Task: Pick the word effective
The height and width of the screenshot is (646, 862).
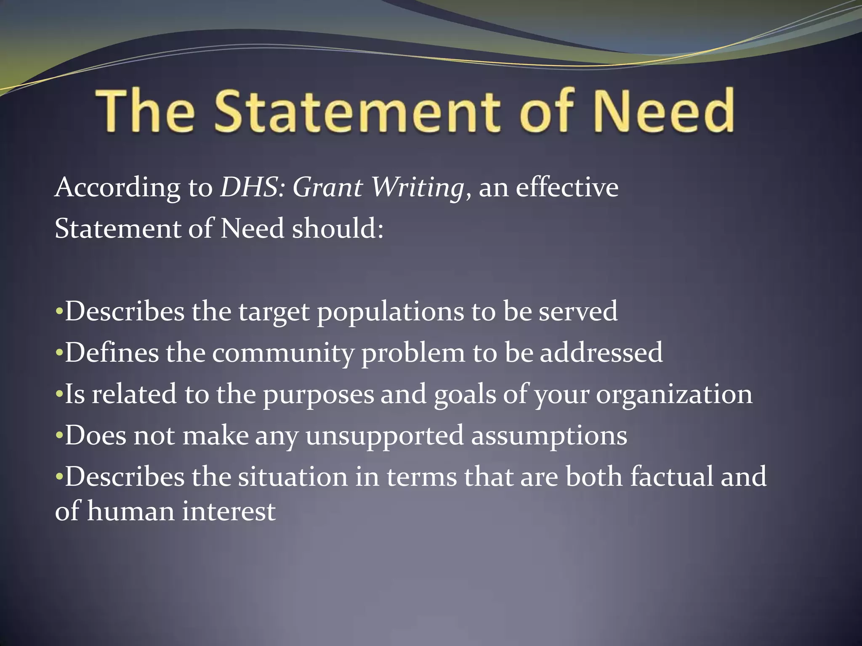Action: (x=567, y=187)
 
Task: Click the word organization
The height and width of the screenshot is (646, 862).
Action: (x=674, y=394)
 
